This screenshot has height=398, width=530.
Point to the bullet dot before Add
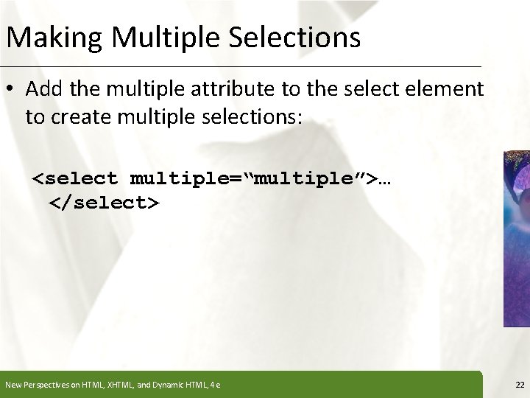point(12,89)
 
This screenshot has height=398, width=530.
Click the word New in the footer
point(13,384)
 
